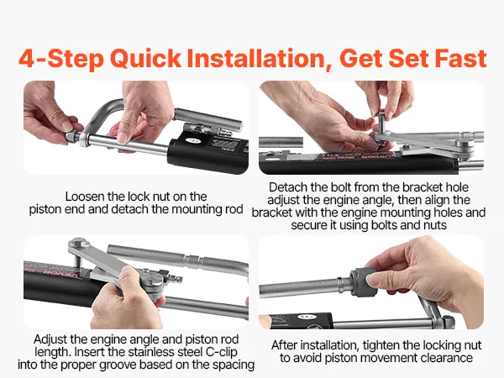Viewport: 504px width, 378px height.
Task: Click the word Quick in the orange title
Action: pyautogui.click(x=145, y=59)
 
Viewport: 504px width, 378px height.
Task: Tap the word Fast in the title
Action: pyautogui.click(x=460, y=58)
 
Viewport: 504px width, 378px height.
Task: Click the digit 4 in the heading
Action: pyautogui.click(x=26, y=58)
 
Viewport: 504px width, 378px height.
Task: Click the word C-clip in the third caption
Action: pyautogui.click(x=221, y=352)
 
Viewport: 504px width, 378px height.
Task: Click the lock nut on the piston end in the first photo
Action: pyautogui.click(x=72, y=136)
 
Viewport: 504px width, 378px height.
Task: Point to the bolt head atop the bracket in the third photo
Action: pyautogui.click(x=79, y=242)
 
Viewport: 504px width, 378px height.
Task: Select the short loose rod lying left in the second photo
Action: pyautogui.click(x=281, y=142)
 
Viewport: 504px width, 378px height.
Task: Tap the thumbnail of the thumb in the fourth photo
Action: pyautogui.click(x=373, y=280)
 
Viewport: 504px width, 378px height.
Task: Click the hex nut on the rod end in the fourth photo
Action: pyautogui.click(x=448, y=321)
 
